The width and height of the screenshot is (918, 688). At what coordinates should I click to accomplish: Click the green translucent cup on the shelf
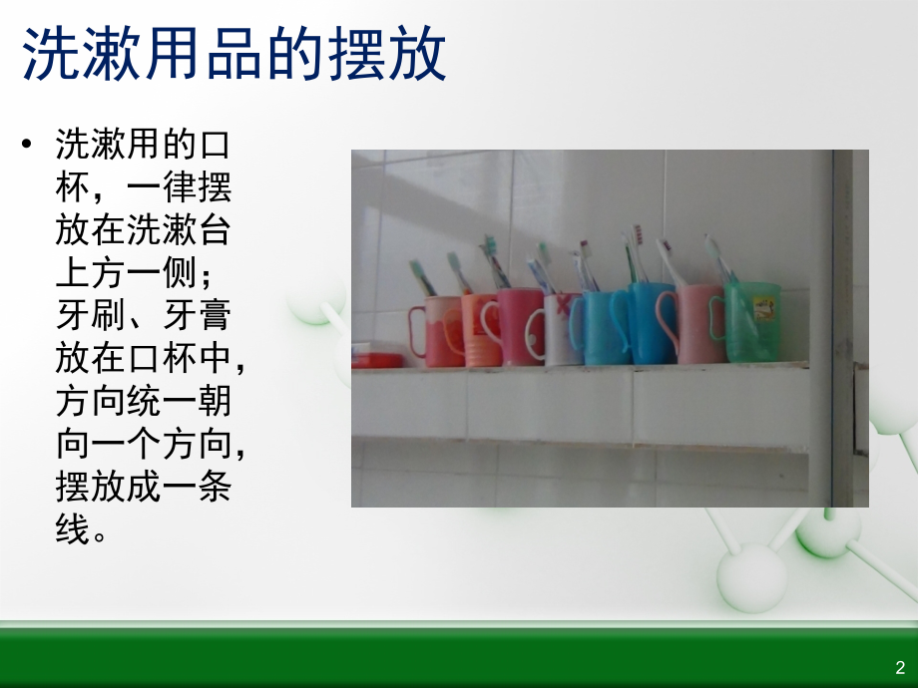tap(753, 321)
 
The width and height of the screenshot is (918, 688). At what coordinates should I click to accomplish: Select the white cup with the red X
tap(562, 329)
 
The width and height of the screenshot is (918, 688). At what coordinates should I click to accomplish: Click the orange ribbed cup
tap(480, 331)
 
